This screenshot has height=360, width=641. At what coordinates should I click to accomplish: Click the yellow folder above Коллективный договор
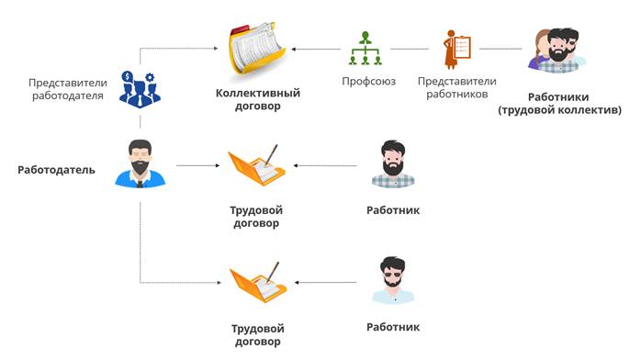pos(257,49)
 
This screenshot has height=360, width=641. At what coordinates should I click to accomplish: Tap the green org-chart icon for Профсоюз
pos(365,49)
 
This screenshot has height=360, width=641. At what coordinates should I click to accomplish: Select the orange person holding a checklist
pos(457,49)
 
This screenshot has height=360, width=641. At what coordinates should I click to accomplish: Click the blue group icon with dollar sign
pos(140,90)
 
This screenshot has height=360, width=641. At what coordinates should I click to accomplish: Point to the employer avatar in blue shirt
pos(141,163)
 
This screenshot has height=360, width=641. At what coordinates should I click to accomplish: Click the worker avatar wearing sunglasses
pos(393,281)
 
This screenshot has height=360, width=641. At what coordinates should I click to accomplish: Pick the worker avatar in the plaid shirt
pos(393,163)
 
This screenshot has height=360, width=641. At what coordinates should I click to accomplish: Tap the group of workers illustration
pos(557,51)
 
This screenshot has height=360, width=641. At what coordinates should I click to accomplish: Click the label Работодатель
pos(56,170)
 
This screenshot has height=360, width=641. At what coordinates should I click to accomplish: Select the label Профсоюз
pos(369,82)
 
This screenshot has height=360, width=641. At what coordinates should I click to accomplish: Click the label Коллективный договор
pos(258,99)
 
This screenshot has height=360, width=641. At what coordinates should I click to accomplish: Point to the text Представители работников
pos(457,87)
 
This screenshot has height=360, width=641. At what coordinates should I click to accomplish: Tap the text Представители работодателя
pos(68,89)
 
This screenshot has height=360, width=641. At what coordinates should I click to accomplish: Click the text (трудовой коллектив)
pos(559,110)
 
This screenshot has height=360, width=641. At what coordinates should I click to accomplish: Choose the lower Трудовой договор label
pos(257,334)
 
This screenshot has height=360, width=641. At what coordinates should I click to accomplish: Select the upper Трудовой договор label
pos(256,217)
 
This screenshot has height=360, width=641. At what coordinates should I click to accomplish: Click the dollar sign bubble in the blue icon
pos(128,76)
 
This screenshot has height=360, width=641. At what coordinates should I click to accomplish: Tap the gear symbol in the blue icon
pos(150,77)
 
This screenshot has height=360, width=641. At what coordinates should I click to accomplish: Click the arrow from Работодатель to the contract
pos(198,165)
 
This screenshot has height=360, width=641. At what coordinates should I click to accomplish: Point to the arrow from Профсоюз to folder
pos(316,49)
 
